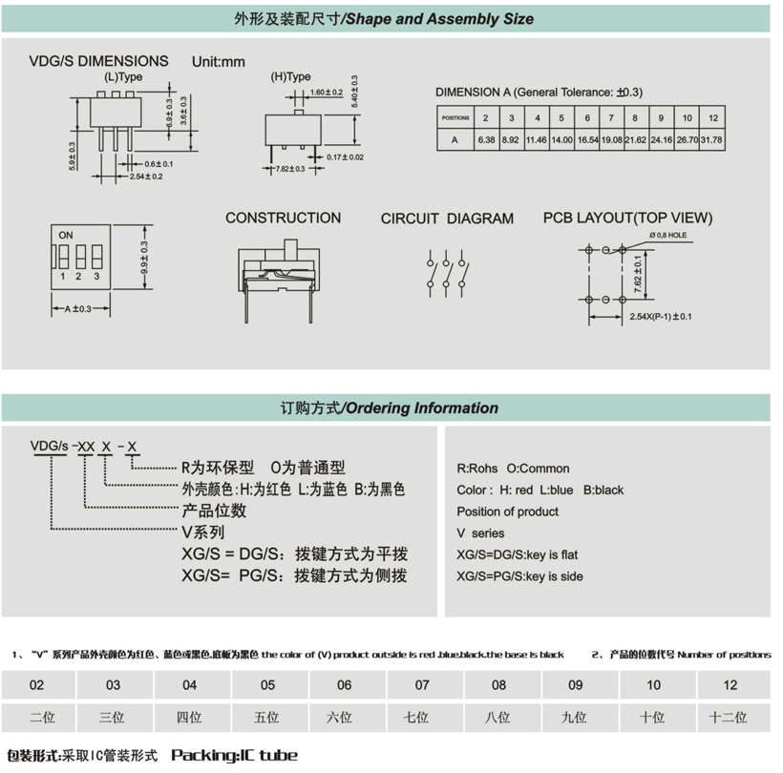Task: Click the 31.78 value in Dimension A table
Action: point(711,140)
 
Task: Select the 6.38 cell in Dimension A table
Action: point(486,140)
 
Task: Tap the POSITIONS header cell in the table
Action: point(455,118)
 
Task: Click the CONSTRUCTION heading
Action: point(284,218)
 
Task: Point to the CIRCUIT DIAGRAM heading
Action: point(447,219)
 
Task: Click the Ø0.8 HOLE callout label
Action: point(668,235)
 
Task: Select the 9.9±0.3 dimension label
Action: point(144,258)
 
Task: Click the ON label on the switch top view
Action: point(66,235)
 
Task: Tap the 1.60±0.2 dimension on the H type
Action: point(327,93)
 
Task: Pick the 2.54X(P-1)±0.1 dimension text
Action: point(661,317)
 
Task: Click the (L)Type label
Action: point(123,77)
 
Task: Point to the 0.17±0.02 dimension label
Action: point(345,157)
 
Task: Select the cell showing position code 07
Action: point(422,685)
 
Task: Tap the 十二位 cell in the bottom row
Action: point(728,718)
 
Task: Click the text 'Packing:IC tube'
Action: point(235,755)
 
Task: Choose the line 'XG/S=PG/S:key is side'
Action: point(519,576)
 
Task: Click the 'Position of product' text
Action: point(507,512)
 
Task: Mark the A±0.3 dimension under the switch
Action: point(78,309)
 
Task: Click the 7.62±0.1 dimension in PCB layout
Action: point(638,275)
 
